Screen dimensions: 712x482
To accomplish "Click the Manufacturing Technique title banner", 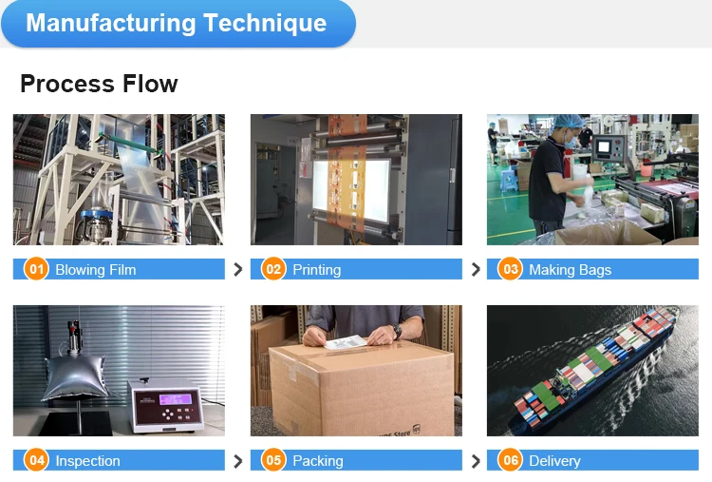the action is (x=177, y=24).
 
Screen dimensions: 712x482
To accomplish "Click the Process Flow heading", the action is (x=99, y=84).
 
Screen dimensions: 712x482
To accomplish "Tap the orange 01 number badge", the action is (x=36, y=269).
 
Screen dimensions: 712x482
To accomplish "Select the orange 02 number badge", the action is (x=273, y=269).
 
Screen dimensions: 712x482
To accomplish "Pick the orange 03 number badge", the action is (x=511, y=269).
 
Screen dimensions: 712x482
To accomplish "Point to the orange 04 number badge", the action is (x=36, y=460).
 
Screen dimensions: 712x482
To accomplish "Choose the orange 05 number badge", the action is (x=273, y=460).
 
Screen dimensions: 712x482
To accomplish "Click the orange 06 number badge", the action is (x=511, y=460).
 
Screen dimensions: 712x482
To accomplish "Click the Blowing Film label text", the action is (x=95, y=270).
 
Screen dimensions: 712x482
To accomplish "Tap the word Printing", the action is (x=316, y=270).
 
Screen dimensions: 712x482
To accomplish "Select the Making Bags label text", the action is (x=570, y=270).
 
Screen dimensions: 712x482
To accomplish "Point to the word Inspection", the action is (x=87, y=461).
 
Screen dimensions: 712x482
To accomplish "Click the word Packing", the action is (x=317, y=461).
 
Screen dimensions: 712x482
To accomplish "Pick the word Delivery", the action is (x=553, y=461).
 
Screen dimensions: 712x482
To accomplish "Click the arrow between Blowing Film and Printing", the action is (x=237, y=270).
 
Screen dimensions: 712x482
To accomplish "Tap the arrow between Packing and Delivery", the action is (x=476, y=461).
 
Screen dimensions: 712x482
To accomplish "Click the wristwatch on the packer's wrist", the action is (x=397, y=330).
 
